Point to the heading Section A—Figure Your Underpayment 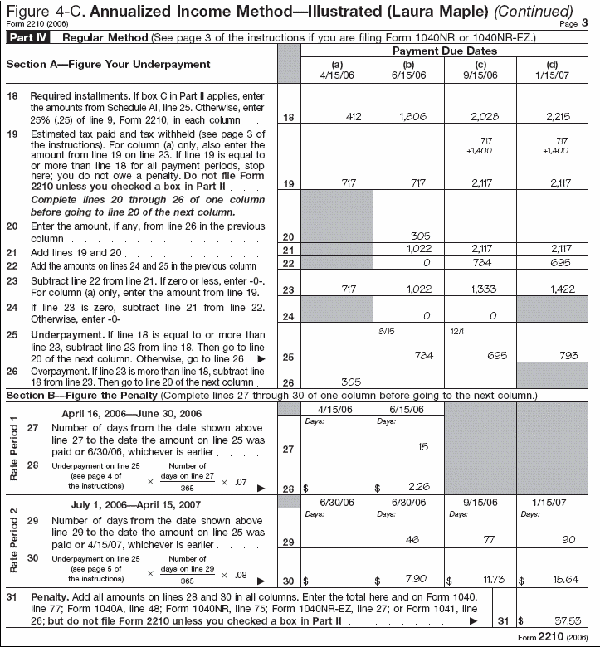[x=109, y=64]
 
